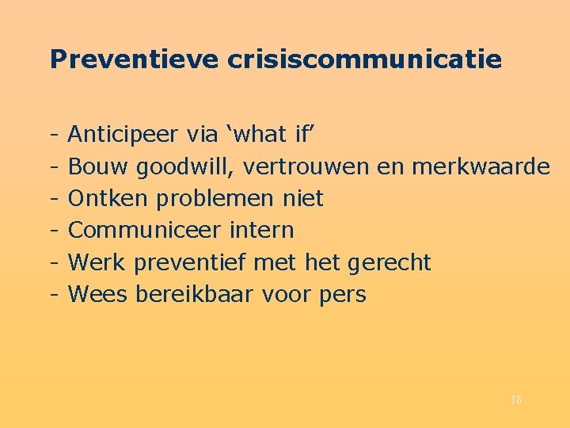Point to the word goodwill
click(x=188, y=166)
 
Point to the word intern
click(x=261, y=230)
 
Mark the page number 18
click(x=515, y=400)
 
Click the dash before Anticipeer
click(x=51, y=135)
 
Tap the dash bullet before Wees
click(x=51, y=294)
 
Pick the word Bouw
click(x=99, y=166)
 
